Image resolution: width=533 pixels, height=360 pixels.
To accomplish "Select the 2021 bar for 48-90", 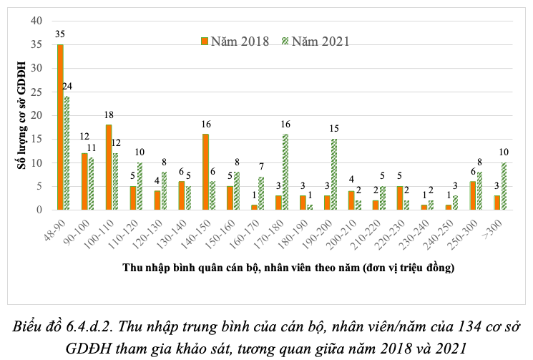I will pyautogui.click(x=67, y=153).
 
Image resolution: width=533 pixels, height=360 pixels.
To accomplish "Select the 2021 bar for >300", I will pyautogui.click(x=504, y=186).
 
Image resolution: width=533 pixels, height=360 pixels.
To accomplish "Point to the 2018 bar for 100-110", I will pyautogui.click(x=109, y=167).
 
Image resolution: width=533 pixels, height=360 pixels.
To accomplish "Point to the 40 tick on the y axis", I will pyautogui.click(x=36, y=21).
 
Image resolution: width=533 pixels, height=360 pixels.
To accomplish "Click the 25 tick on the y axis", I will pyautogui.click(x=36, y=92).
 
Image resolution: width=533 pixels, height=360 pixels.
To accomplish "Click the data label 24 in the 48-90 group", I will pyautogui.click(x=68, y=86).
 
